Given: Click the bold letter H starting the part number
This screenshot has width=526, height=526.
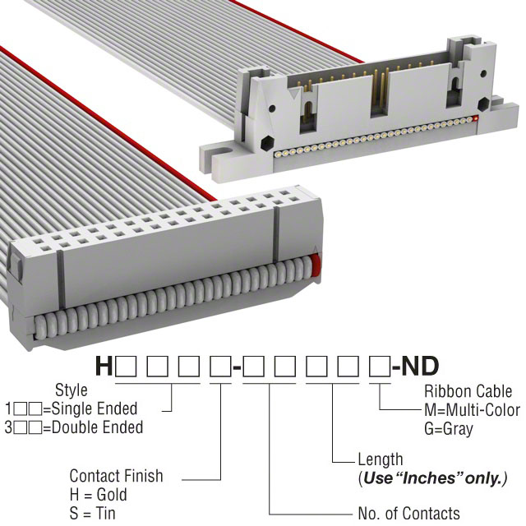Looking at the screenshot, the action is click(104, 366).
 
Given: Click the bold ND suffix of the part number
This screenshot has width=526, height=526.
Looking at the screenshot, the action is click(420, 366).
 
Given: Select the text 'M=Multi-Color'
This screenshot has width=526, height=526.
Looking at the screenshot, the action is click(472, 410).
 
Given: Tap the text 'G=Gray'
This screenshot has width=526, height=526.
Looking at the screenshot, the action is click(449, 429).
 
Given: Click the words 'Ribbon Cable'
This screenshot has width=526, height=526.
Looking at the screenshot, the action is click(468, 391).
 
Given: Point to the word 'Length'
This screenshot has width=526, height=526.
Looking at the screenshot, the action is click(381, 459).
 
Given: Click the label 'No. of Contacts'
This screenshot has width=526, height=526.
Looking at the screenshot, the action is click(409, 513).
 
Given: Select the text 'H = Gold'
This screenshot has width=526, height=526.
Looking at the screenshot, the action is click(99, 495).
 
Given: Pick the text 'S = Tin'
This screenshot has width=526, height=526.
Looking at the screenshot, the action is click(92, 513).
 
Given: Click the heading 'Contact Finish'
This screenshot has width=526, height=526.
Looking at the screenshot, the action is click(116, 476).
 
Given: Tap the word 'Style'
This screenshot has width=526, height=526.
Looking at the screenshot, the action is click(72, 390).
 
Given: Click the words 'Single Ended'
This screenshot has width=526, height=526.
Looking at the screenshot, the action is click(95, 408).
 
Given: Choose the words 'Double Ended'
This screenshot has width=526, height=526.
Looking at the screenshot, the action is click(97, 427).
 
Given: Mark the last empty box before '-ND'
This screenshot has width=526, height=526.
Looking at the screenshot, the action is click(380, 367).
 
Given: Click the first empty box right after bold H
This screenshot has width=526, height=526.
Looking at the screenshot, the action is click(126, 367).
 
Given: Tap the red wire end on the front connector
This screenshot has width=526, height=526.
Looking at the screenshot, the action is click(315, 265).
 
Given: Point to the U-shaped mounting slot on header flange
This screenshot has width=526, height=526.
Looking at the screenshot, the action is click(224, 154).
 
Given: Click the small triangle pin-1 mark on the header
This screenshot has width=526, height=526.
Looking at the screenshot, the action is click(294, 94).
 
